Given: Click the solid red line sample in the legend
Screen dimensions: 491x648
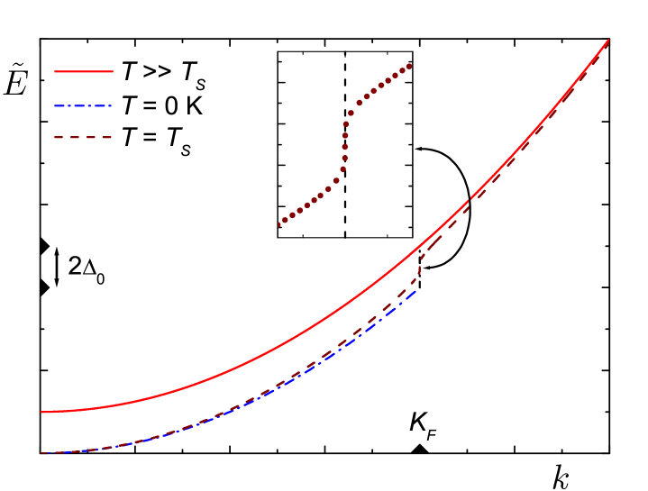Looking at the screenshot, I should tap(84, 70).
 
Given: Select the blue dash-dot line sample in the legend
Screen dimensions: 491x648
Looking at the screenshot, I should tap(83, 106).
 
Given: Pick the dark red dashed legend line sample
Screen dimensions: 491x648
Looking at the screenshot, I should tap(83, 138).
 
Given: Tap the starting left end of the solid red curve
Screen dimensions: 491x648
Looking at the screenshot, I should tap(41, 412).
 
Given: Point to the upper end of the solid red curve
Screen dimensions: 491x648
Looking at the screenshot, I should tap(608, 40).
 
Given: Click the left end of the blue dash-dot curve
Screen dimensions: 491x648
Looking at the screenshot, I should tap(41, 453).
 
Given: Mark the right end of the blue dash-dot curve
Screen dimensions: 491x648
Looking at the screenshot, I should tap(415, 290).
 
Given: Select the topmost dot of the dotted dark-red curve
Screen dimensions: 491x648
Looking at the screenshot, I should tap(410, 66).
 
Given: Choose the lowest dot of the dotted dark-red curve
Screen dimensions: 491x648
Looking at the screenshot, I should tap(278, 225).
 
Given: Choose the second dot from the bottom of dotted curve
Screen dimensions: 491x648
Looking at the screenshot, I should tap(285, 220).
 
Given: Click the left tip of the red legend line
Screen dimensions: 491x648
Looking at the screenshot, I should tap(55, 70).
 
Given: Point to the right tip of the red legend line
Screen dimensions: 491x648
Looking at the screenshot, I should tap(113, 70).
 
